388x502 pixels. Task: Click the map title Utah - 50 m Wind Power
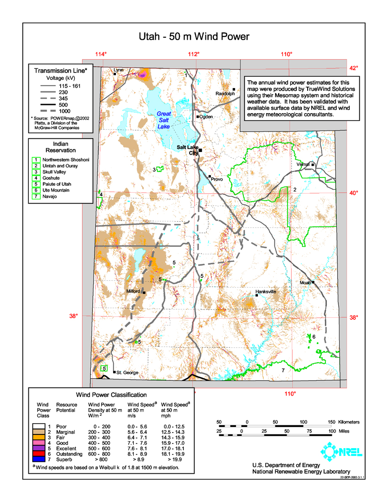point(194,37)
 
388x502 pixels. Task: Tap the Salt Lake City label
point(187,150)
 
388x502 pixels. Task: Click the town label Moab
point(305,283)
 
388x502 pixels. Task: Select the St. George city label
point(127,373)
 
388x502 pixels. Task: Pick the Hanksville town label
point(266,291)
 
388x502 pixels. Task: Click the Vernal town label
point(303,164)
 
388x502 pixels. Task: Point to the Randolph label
point(225,94)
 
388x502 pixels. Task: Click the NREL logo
point(342,451)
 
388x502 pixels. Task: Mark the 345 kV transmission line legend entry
point(60,98)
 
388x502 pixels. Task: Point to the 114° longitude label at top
point(101,54)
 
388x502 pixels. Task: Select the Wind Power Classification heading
point(111,395)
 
